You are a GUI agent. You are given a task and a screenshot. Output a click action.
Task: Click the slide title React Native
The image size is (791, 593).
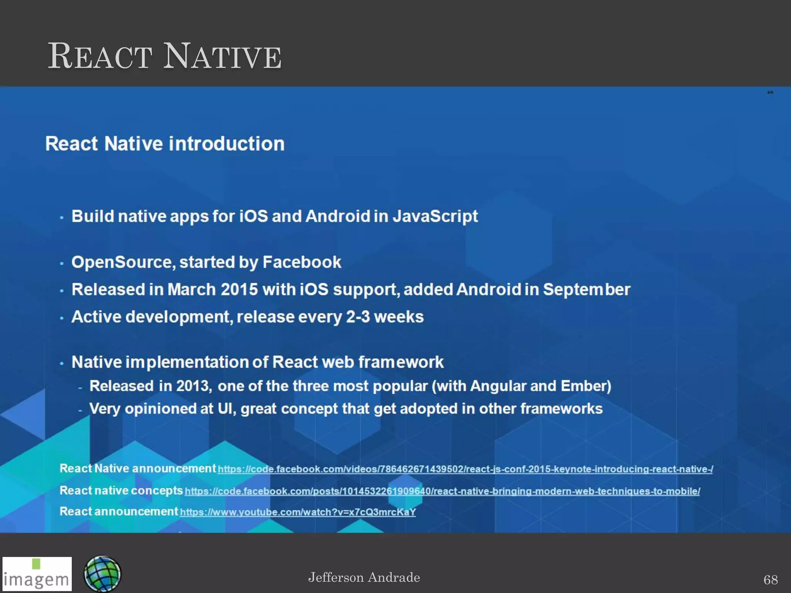165,57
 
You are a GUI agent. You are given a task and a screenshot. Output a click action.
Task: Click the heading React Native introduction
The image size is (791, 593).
165,144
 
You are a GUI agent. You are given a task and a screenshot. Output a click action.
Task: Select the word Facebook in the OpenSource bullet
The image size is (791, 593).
302,262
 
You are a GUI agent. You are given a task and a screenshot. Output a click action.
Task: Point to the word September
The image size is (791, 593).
586,290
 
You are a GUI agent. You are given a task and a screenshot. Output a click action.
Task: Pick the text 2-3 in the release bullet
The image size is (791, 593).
358,317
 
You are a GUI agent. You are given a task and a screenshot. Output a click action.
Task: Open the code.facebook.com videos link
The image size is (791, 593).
465,469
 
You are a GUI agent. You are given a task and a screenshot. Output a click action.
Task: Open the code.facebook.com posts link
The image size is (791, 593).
442,491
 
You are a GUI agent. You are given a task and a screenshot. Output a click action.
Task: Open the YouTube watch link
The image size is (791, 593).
298,512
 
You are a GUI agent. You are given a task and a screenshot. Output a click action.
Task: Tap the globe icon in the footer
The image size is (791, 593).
102,574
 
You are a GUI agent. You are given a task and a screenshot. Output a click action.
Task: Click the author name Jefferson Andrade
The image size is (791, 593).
364,578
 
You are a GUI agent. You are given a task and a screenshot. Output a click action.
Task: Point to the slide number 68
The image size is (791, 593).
771,579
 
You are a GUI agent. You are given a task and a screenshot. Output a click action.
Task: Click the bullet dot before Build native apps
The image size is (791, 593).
62,218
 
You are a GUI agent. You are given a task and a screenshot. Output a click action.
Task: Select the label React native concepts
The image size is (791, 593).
121,490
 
